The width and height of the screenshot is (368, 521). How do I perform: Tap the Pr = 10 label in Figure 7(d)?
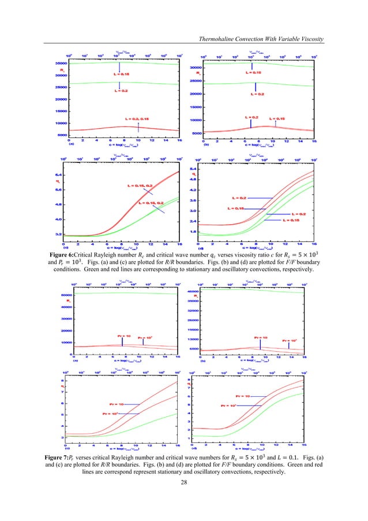tap(243, 396)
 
